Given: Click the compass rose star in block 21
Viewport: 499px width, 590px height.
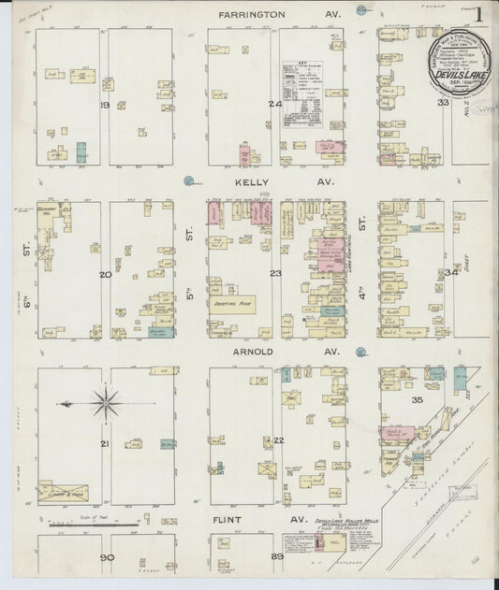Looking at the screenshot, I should point(104,404).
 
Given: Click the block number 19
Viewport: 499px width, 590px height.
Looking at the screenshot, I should point(105,106).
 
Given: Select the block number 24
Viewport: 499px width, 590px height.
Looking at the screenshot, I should point(274,105).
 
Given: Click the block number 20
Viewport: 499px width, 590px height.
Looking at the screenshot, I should point(105,274).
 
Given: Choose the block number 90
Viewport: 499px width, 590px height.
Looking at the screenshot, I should point(105,557).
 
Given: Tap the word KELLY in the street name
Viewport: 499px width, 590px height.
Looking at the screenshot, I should point(254,183).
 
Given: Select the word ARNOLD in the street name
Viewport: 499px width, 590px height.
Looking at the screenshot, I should point(255,352).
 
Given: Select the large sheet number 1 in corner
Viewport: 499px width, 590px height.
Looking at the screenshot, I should point(478,15).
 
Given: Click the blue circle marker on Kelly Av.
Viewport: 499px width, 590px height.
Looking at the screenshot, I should point(188,180).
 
